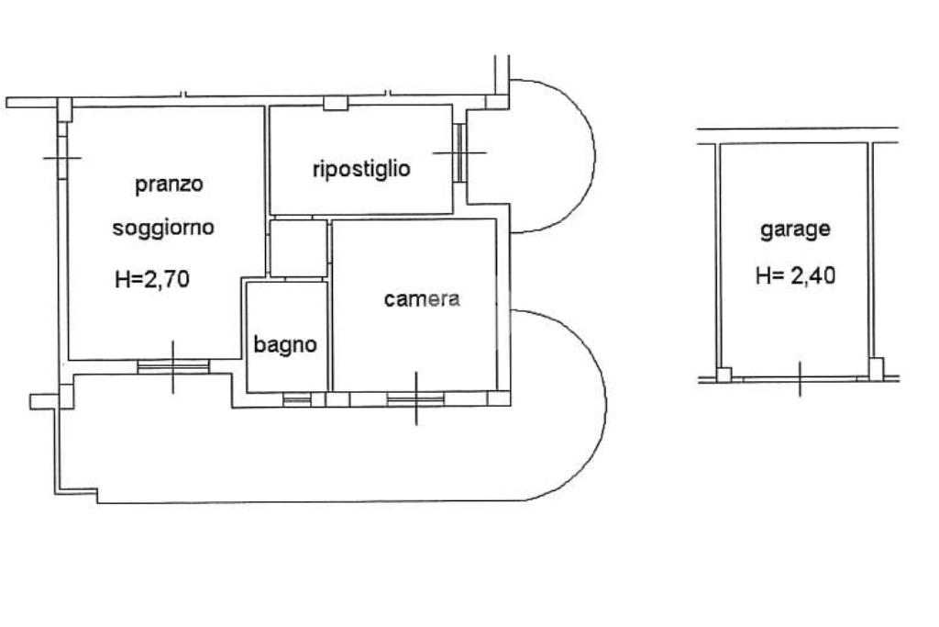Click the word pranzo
tap(169, 185)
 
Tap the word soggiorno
tap(163, 228)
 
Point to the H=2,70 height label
tap(152, 279)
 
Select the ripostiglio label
tap(361, 169)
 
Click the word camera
tap(422, 298)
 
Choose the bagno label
tap(285, 345)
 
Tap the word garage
tap(795, 230)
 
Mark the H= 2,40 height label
tap(795, 275)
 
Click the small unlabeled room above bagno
tap(298, 247)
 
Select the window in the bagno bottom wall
tap(296, 399)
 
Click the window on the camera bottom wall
tap(415, 398)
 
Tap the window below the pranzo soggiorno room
tap(173, 366)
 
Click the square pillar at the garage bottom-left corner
tap(724, 375)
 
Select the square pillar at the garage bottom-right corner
tap(877, 369)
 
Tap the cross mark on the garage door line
tap(800, 377)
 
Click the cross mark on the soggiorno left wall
tap(62, 159)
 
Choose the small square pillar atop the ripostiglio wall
tap(337, 103)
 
